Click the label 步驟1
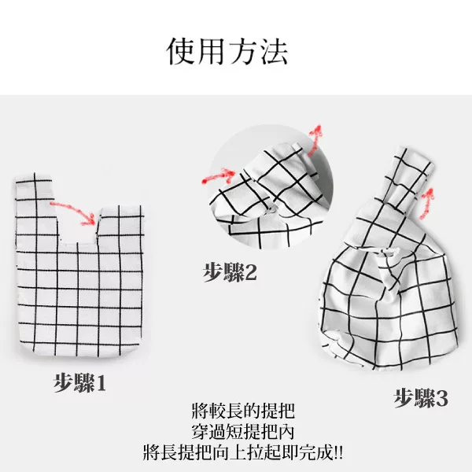[79, 382]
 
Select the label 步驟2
[230, 272]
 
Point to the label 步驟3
[421, 398]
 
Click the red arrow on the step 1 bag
[73, 212]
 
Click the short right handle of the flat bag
[120, 223]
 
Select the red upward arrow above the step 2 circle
[315, 139]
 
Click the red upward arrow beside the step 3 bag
[427, 203]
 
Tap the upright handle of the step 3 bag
[407, 178]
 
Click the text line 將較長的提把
[242, 411]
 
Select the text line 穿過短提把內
[242, 432]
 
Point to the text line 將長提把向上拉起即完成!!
[242, 452]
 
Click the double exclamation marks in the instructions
[338, 452]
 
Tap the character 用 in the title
[212, 51]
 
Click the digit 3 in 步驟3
[441, 399]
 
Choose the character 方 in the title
[243, 51]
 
